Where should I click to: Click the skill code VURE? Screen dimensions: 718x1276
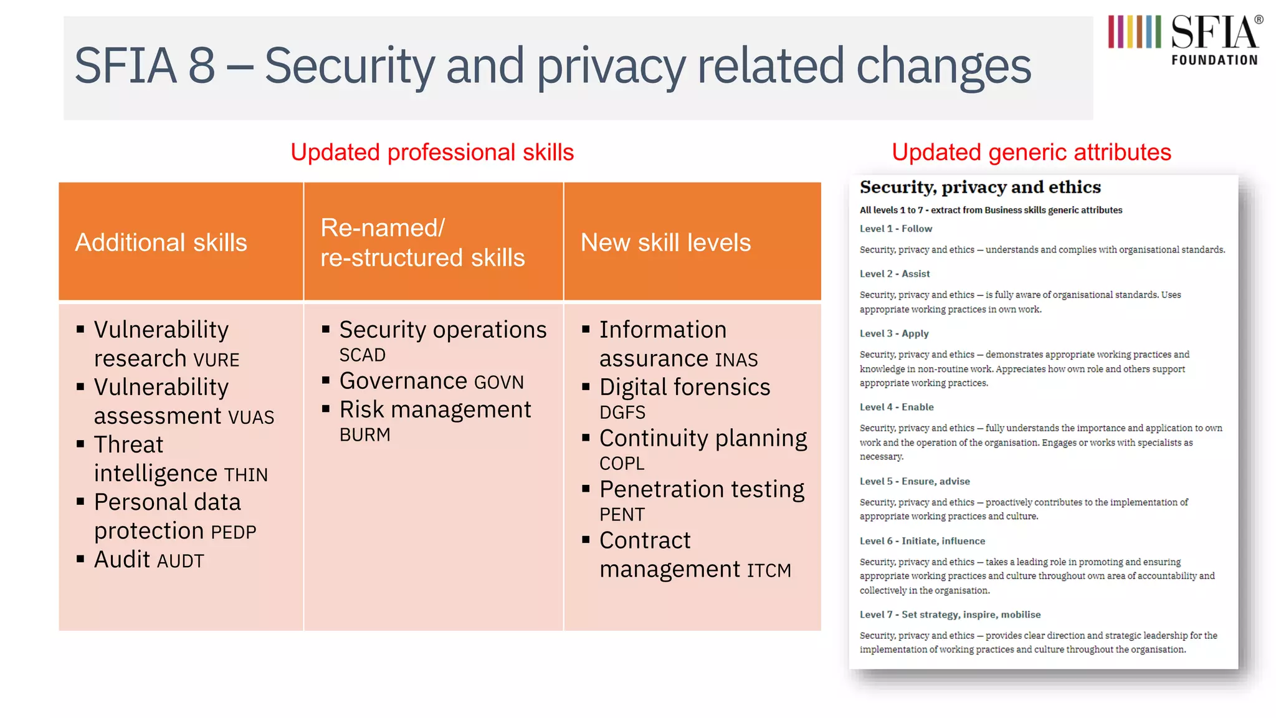click(216, 360)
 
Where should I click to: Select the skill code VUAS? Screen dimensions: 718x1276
click(251, 417)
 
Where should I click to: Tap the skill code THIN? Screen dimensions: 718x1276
click(246, 475)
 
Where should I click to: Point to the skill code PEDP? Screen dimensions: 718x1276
click(234, 532)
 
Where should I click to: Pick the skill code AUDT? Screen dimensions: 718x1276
click(180, 561)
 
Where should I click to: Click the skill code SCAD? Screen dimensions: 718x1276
click(363, 355)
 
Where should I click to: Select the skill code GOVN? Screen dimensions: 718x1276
click(499, 382)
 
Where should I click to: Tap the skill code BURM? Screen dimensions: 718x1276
click(365, 435)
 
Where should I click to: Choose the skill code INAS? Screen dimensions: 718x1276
click(736, 360)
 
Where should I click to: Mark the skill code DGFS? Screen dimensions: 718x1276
click(622, 413)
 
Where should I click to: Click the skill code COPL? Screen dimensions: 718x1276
click(622, 464)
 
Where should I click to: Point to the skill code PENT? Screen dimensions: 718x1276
click(622, 515)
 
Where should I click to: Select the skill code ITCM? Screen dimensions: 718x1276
click(769, 570)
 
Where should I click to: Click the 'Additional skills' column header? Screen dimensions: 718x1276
click(161, 242)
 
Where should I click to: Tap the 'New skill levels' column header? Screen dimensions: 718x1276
click(665, 242)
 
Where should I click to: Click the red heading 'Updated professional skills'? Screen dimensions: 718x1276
click(432, 153)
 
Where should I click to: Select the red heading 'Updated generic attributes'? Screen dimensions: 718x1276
click(1031, 153)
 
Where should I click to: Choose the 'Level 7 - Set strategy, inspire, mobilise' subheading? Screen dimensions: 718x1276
click(950, 615)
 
